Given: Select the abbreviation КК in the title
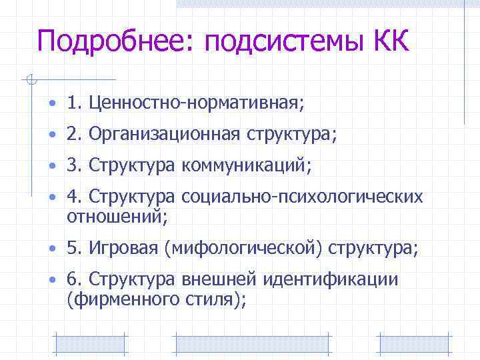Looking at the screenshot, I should pyautogui.click(x=386, y=41).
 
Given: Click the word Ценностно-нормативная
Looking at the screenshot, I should pyautogui.click(x=194, y=103).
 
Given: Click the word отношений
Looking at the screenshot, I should pyautogui.click(x=117, y=216).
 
